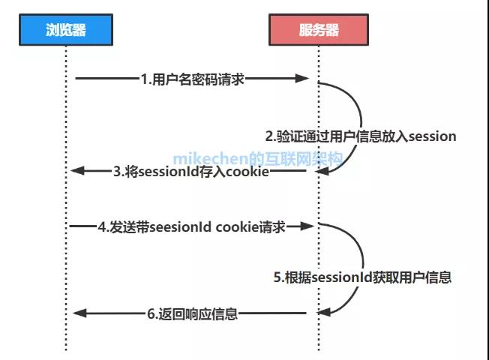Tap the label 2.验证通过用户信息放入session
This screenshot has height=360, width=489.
[x=361, y=136]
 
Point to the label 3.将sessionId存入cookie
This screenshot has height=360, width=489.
[x=190, y=171]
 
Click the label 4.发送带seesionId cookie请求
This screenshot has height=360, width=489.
[x=192, y=226]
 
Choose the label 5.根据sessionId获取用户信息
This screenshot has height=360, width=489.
[x=362, y=277]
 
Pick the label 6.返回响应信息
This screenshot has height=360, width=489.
[x=193, y=313]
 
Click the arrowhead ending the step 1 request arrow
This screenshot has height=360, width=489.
[x=303, y=78]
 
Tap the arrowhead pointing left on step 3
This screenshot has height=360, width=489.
[x=77, y=171]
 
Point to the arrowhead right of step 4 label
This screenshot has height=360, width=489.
[x=303, y=225]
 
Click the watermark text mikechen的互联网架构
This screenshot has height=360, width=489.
[x=258, y=159]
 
